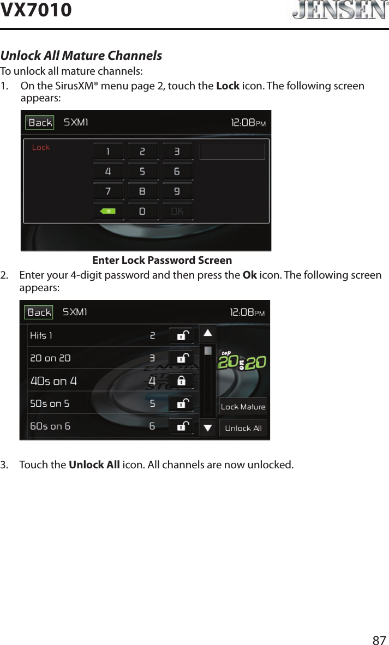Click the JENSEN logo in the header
click(x=337, y=11)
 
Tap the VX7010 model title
click(x=36, y=10)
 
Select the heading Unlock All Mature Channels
click(x=81, y=56)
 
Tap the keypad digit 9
click(x=177, y=191)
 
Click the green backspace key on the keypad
click(x=108, y=211)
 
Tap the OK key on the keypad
click(x=177, y=211)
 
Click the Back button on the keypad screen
click(x=40, y=123)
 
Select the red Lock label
click(x=41, y=147)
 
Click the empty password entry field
click(x=232, y=151)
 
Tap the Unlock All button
click(x=243, y=428)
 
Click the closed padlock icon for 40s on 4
click(x=181, y=381)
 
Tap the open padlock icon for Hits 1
click(x=181, y=335)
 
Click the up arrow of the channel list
click(x=208, y=333)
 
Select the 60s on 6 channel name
click(x=50, y=426)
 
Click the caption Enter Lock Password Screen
click(x=162, y=261)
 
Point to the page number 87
click(x=379, y=640)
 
